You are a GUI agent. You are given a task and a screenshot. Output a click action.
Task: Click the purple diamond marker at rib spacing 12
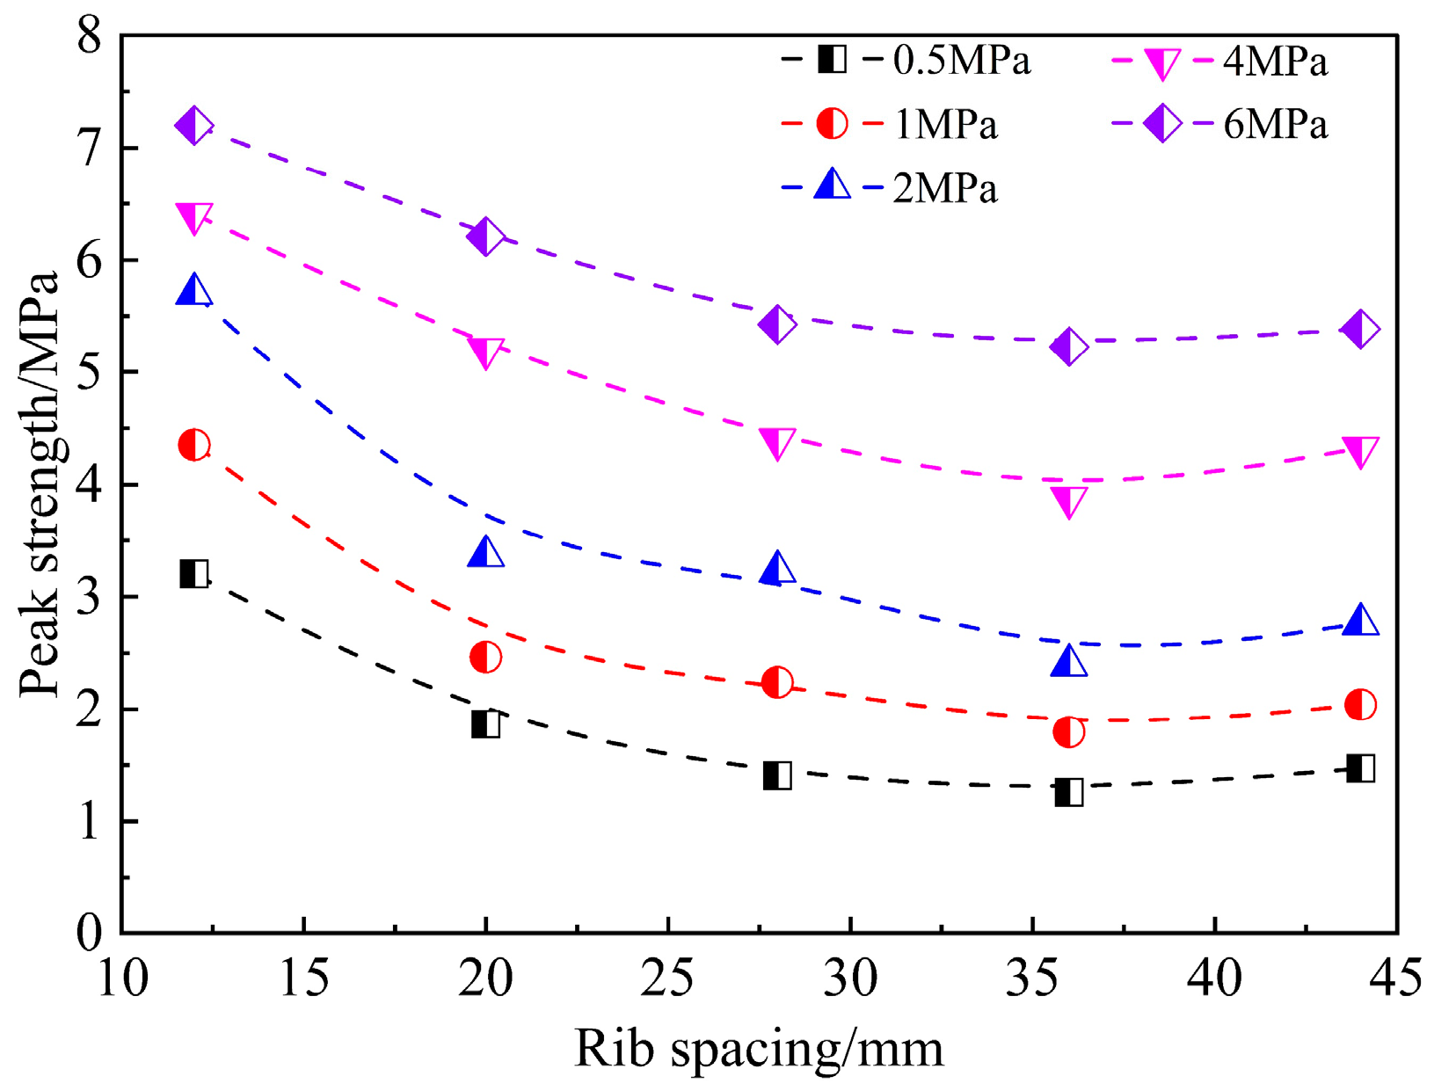[x=193, y=125]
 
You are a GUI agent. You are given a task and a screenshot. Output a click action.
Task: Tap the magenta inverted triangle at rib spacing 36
[x=1068, y=503]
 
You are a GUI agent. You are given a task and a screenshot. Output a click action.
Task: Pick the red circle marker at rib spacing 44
[x=1360, y=704]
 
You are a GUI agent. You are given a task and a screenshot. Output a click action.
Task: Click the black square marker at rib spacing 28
[x=777, y=775]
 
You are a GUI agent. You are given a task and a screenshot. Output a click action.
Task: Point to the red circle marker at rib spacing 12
[x=193, y=444]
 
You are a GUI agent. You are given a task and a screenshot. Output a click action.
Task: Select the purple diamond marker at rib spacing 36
[x=1068, y=346]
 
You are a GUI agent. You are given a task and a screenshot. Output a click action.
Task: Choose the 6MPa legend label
[x=1275, y=125]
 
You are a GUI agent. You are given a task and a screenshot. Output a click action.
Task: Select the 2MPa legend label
[x=945, y=188]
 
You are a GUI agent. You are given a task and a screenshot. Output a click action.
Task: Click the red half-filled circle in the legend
[x=832, y=124]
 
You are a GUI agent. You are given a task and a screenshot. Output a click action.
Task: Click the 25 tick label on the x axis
[x=667, y=977]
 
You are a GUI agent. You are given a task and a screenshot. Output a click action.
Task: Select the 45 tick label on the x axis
[x=1394, y=977]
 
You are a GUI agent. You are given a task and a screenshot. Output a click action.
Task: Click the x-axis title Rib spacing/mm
[x=759, y=1049]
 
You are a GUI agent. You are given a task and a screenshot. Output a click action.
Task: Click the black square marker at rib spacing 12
[x=193, y=573]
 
